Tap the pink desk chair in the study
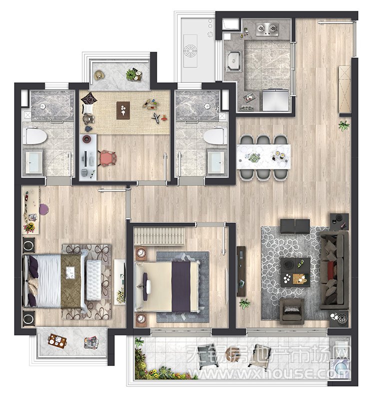[108, 158]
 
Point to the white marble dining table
[264, 157]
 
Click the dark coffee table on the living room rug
[295, 272]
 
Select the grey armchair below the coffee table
[292, 311]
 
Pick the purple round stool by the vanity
[44, 209]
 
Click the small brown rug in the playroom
[123, 110]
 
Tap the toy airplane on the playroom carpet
[156, 118]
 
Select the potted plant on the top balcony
[133, 74]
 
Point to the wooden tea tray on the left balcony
[57, 341]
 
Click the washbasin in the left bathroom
[33, 162]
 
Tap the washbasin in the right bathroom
[217, 162]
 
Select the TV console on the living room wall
[241, 271]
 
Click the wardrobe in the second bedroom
[159, 236]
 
